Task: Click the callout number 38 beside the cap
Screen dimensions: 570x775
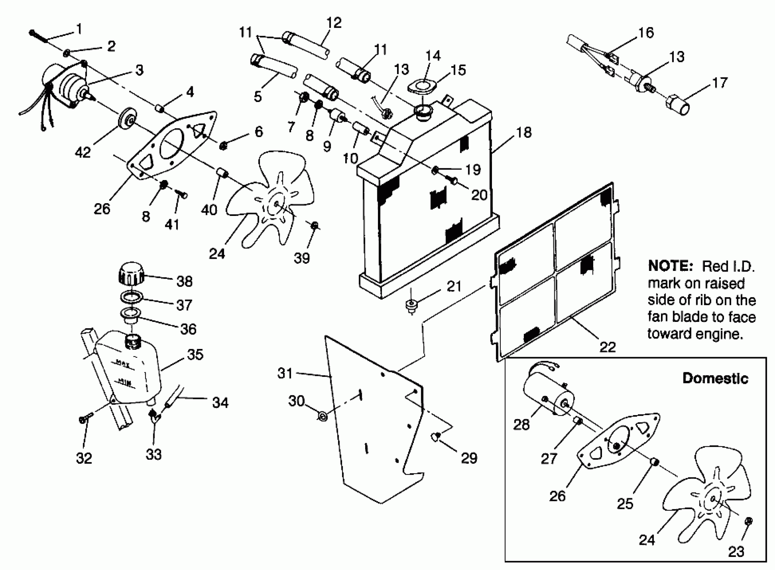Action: click(x=184, y=282)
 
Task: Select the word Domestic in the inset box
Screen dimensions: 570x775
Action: click(x=715, y=379)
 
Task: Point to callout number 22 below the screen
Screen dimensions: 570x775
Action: click(x=607, y=347)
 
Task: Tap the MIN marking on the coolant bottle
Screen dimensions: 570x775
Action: click(x=124, y=381)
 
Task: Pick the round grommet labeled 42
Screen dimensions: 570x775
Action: click(x=127, y=119)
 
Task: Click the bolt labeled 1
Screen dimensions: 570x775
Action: click(x=39, y=37)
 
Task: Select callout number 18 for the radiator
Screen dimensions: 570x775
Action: click(x=524, y=132)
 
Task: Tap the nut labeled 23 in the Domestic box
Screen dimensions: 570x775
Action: click(x=749, y=521)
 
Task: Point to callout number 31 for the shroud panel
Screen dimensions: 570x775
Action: click(x=285, y=373)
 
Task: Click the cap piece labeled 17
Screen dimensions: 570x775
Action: click(x=677, y=105)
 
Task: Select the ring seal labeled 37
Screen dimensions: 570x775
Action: click(x=131, y=297)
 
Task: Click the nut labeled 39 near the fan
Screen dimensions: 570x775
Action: click(x=315, y=226)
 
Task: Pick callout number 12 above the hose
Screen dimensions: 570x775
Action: click(x=334, y=23)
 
